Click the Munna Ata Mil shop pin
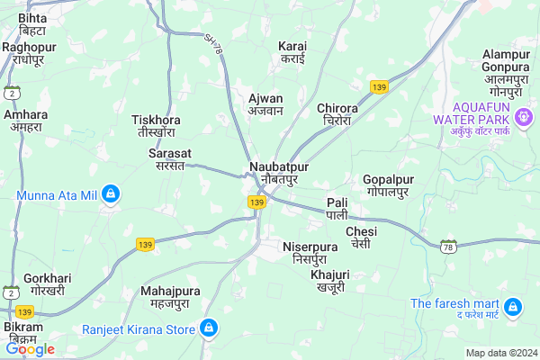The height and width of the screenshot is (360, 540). pyautogui.click(x=111, y=193)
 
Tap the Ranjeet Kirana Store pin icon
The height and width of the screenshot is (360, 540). pyautogui.click(x=209, y=328)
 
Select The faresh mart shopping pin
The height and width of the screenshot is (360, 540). pyautogui.click(x=514, y=308)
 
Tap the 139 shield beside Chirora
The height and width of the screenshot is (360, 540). pyautogui.click(x=378, y=87)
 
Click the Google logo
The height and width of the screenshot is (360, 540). pyautogui.click(x=30, y=349)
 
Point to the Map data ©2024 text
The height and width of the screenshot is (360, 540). pyautogui.click(x=500, y=353)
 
